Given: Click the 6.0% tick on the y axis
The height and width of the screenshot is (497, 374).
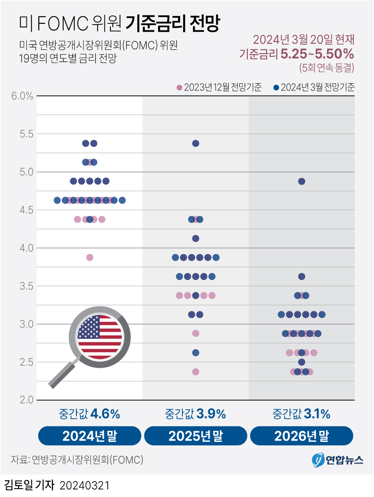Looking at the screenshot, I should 21,96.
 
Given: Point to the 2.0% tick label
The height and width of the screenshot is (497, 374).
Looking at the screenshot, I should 21,400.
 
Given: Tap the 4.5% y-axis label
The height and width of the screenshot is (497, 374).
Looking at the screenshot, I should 21,210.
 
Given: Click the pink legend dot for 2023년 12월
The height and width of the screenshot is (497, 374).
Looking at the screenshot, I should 179,87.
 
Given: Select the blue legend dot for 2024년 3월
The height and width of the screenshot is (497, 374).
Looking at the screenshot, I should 276,87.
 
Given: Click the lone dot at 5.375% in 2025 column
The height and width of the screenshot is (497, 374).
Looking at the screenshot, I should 196,143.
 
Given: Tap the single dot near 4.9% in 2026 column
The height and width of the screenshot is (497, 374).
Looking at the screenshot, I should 302,181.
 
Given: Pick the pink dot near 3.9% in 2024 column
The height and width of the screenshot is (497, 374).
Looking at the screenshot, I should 90,258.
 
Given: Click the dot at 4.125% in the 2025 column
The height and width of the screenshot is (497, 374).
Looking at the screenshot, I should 196,239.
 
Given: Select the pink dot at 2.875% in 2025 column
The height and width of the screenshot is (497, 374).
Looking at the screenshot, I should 196,333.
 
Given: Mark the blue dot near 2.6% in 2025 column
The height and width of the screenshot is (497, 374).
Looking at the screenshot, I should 196,353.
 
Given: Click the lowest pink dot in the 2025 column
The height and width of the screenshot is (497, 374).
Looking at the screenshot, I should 196,372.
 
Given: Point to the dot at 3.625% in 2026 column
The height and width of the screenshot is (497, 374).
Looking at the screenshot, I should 302,277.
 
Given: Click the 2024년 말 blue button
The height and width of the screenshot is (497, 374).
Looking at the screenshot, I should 90,436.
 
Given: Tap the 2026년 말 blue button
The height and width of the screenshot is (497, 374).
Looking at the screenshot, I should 302,436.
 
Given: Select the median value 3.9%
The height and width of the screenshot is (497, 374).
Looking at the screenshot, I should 211,414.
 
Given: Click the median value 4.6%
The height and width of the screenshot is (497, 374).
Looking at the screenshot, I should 105,414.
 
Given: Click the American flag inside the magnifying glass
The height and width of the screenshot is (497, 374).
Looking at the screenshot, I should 99,337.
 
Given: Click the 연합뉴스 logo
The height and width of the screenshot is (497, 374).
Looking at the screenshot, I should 337,460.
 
